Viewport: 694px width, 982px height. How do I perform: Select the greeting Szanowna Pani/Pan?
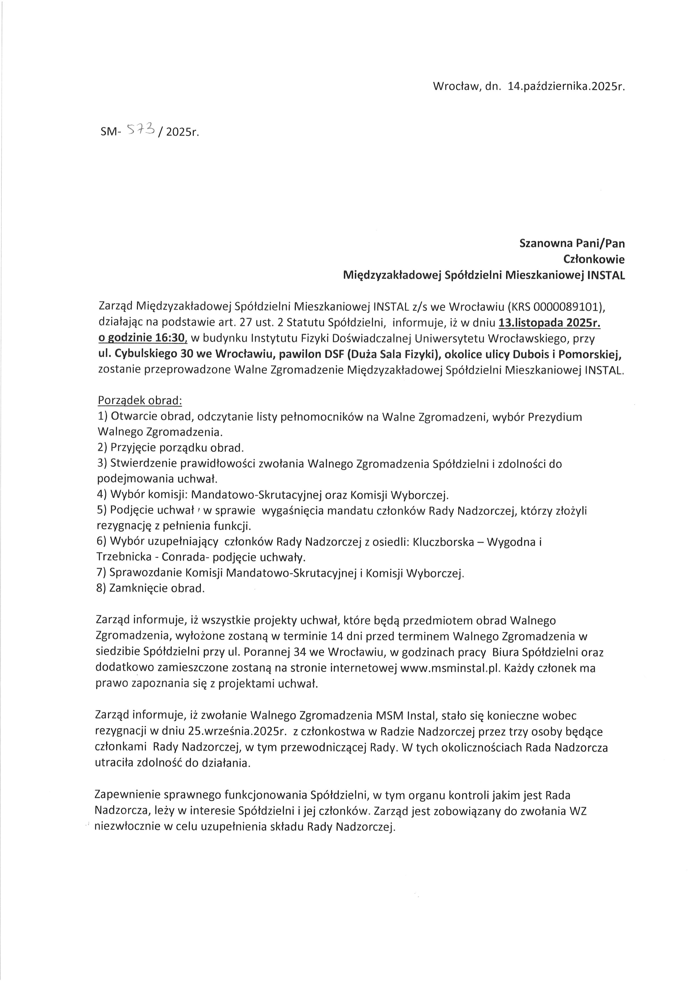[x=572, y=243]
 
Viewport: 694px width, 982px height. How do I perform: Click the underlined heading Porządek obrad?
[x=140, y=401]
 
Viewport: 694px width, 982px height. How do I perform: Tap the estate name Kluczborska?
[x=445, y=542]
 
